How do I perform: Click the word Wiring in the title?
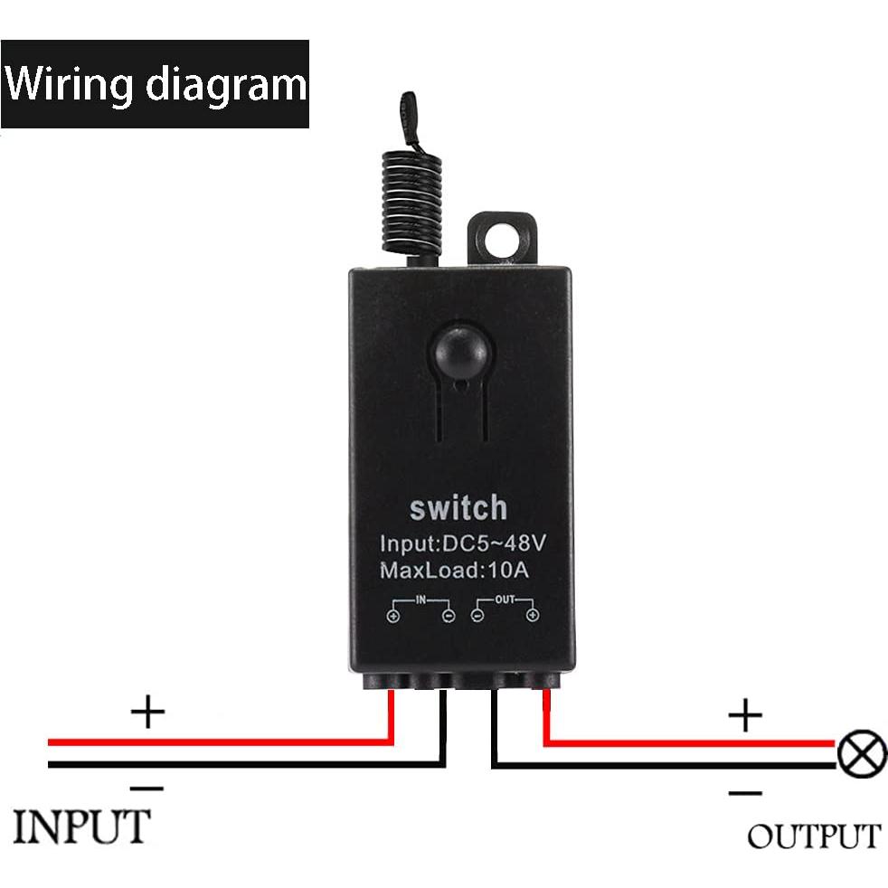click(70, 84)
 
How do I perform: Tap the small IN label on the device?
click(420, 599)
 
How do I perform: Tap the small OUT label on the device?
click(505, 599)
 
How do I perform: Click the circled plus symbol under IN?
click(393, 617)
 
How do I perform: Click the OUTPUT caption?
click(813, 836)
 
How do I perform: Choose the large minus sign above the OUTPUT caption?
click(745, 793)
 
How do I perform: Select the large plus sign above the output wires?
click(745, 717)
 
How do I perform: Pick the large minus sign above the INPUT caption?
click(147, 788)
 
